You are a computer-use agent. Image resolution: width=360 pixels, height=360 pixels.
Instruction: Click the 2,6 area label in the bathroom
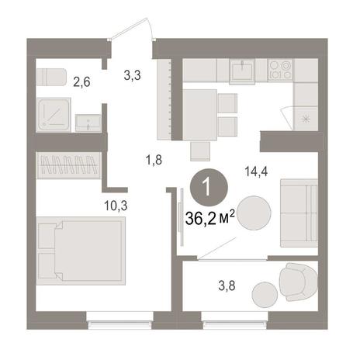coord(81,82)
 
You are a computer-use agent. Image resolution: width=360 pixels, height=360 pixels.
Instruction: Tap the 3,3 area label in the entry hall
coord(132,75)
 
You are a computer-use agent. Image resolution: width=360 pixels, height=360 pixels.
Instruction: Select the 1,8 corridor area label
coord(154,160)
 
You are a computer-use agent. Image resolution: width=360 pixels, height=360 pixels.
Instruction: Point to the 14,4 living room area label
coord(256,171)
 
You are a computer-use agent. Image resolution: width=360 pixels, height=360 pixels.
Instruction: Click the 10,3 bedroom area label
coord(116,206)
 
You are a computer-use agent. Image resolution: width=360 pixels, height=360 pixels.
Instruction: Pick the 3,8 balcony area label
coord(227,286)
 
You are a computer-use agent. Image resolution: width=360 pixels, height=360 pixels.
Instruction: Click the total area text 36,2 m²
coord(210,220)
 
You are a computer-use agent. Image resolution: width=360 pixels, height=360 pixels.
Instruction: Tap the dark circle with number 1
coord(209,187)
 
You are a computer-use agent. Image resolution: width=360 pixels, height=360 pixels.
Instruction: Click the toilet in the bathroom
coord(51,77)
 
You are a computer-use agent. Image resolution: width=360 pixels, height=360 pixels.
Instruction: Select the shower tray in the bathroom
coord(54,115)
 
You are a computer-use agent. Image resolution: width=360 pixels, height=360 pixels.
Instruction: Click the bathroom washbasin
coord(88,123)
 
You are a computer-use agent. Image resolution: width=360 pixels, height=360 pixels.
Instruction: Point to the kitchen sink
coord(242,71)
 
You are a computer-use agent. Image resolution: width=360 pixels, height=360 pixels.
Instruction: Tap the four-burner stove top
coord(281,70)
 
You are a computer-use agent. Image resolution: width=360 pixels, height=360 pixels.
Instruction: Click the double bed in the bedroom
coord(81,251)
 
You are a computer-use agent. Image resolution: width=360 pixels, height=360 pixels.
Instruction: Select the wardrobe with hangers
coord(68,165)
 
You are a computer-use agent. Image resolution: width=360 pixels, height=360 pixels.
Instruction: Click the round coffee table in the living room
coord(254,213)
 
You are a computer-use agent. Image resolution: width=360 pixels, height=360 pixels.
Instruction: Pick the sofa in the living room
coord(299,213)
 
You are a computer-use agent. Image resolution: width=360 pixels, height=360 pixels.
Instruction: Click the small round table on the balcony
coord(265,295)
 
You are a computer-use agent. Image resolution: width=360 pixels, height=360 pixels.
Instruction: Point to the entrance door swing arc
coord(130,27)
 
